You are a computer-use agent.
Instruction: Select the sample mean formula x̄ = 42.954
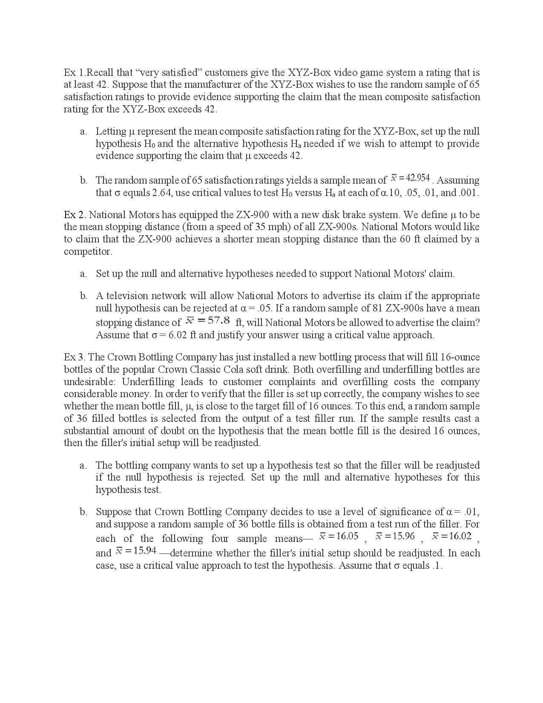click(x=410, y=177)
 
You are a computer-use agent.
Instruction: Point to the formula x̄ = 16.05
click(x=339, y=536)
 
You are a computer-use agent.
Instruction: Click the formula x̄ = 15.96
click(x=395, y=536)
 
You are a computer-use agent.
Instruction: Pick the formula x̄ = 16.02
click(x=452, y=536)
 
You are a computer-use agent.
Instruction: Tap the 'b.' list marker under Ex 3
click(x=83, y=512)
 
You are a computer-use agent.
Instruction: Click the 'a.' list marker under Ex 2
click(x=83, y=274)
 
